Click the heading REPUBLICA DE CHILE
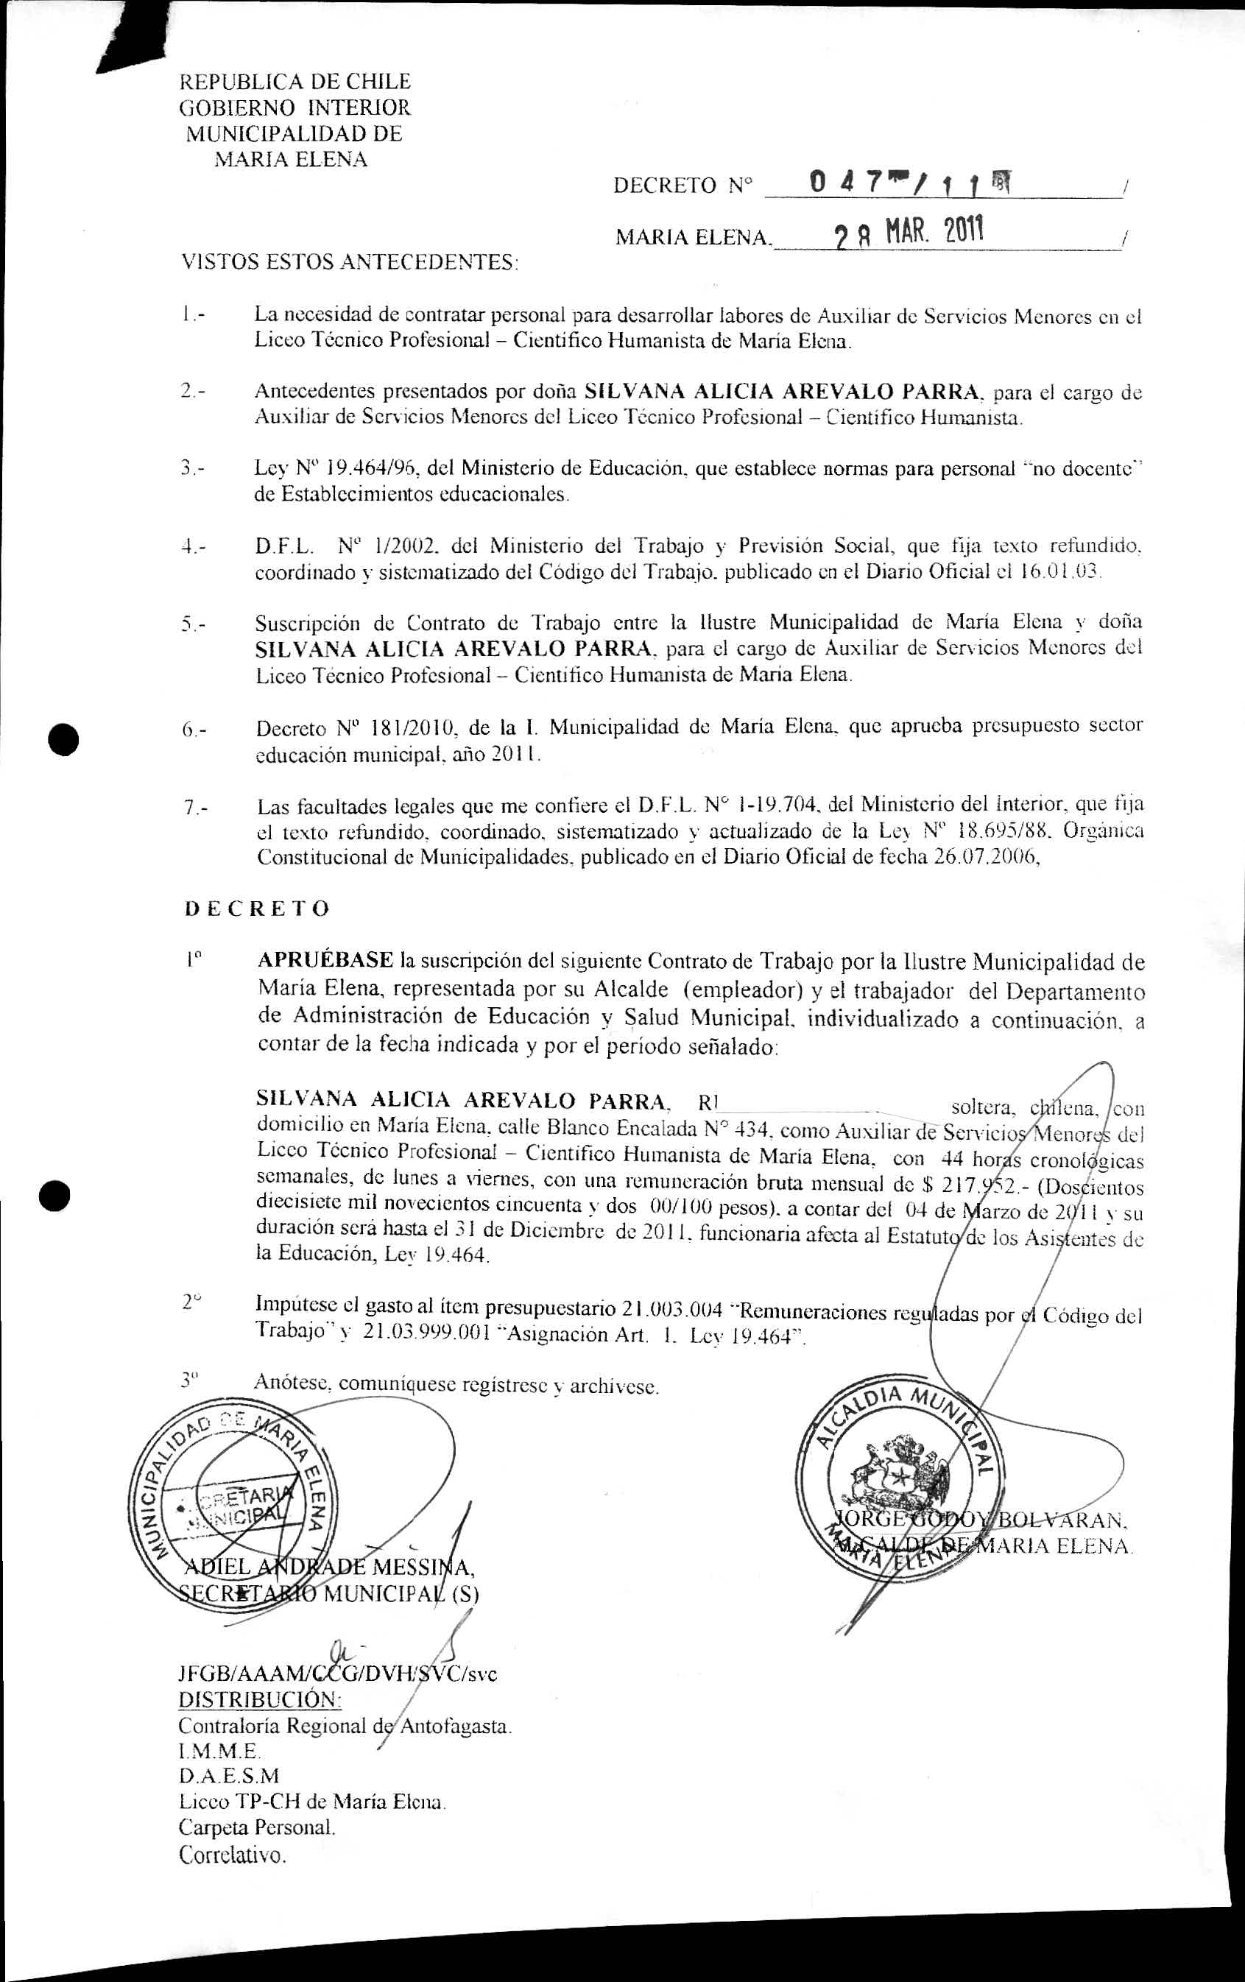295,82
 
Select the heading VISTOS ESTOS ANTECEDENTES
350,263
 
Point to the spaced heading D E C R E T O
257,909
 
